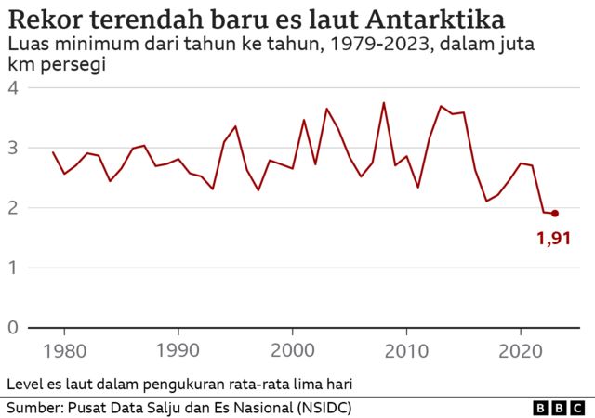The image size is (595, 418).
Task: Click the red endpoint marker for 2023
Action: click(555, 214)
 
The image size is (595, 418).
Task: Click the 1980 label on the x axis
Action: click(64, 352)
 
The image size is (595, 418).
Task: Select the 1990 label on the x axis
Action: click(178, 352)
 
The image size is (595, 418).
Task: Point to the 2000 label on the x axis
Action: click(292, 352)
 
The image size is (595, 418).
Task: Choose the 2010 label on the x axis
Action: click(406, 352)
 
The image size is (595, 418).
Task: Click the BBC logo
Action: click(559, 408)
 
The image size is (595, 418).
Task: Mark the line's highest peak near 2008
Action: click(384, 103)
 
